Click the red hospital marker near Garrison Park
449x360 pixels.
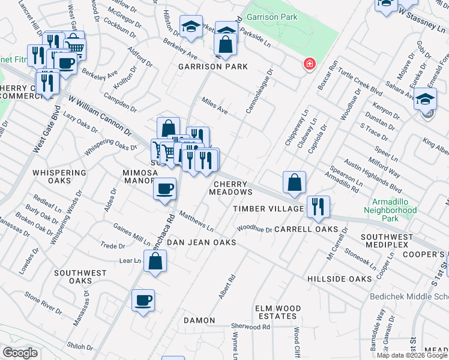(x=310, y=64)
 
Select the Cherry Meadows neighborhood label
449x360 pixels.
(x=231, y=188)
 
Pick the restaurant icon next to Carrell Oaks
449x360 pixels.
(x=318, y=207)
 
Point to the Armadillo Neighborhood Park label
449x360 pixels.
(x=390, y=206)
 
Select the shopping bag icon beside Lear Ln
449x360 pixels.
(x=155, y=262)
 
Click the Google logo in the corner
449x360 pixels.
(x=20, y=352)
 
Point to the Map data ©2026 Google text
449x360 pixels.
(x=412, y=355)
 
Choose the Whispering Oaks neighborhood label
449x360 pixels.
(x=59, y=178)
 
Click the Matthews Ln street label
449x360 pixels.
(x=196, y=221)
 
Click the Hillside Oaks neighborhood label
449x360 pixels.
(x=340, y=280)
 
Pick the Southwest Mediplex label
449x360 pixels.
(x=387, y=241)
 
